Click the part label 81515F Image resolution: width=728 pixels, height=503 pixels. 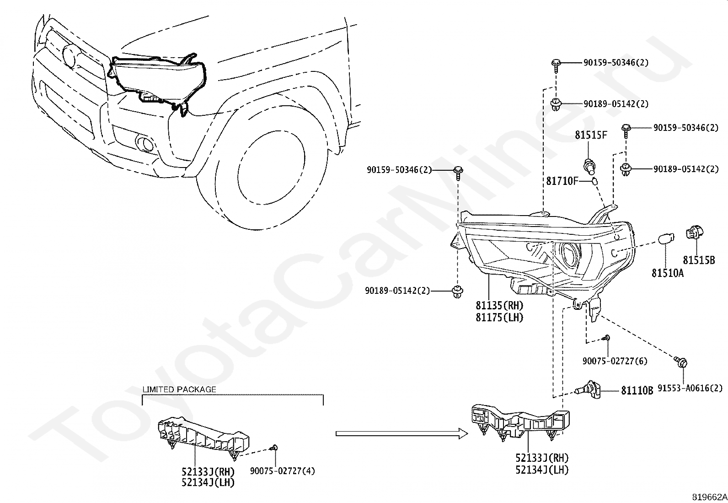pos(591,135)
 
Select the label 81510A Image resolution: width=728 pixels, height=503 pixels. pos(668,273)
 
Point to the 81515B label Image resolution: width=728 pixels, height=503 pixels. pos(699,260)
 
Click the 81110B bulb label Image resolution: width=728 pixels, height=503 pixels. pos(637,391)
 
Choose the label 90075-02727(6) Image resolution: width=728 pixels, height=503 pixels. pos(615,361)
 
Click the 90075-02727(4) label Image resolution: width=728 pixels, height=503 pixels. pos(282,471)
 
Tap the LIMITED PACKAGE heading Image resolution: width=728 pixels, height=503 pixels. pos(179,389)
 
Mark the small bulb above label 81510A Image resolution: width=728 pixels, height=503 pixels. pos(666,238)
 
